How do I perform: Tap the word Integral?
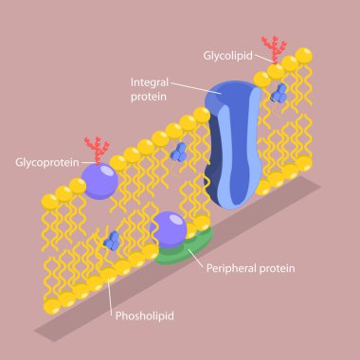point(149,82)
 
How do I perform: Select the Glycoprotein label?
point(45,162)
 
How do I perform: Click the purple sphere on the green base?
point(171,228)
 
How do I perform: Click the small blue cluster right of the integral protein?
point(279,92)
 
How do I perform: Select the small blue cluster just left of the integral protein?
point(178,151)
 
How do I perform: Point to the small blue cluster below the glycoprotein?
point(111,240)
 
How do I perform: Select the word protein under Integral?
point(150,97)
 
